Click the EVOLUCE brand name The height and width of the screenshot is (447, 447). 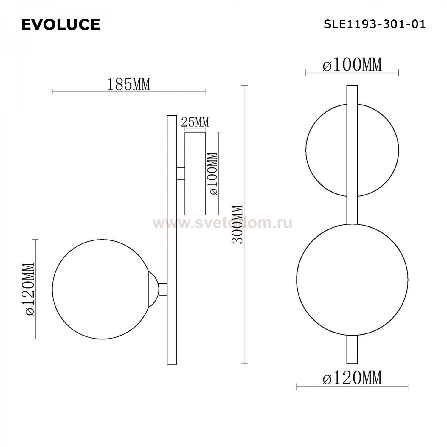(60, 24)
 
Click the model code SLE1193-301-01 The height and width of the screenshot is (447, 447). (375, 24)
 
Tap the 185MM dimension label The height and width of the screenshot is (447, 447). (128, 84)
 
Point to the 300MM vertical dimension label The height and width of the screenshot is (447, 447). (238, 224)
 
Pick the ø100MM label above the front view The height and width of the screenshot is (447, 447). (352, 65)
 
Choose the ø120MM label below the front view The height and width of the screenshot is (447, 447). (352, 378)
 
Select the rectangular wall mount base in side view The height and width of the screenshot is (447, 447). (195, 173)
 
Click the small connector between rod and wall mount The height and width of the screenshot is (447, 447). (181, 173)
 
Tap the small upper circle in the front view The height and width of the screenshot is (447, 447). (325, 150)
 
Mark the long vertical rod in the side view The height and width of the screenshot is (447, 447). (172, 238)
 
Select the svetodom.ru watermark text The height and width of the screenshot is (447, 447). (222, 223)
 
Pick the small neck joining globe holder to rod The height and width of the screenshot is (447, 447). (163, 289)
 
